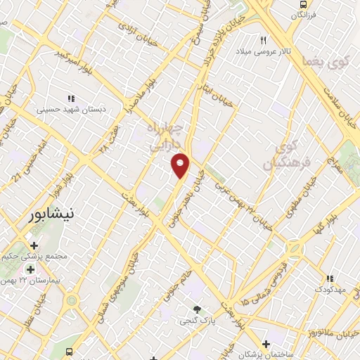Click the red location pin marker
coord(181,165)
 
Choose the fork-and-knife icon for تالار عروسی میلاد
coord(264,39)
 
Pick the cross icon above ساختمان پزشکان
coord(266,344)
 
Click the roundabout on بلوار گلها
coord(294,248)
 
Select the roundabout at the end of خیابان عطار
coord(71,301)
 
